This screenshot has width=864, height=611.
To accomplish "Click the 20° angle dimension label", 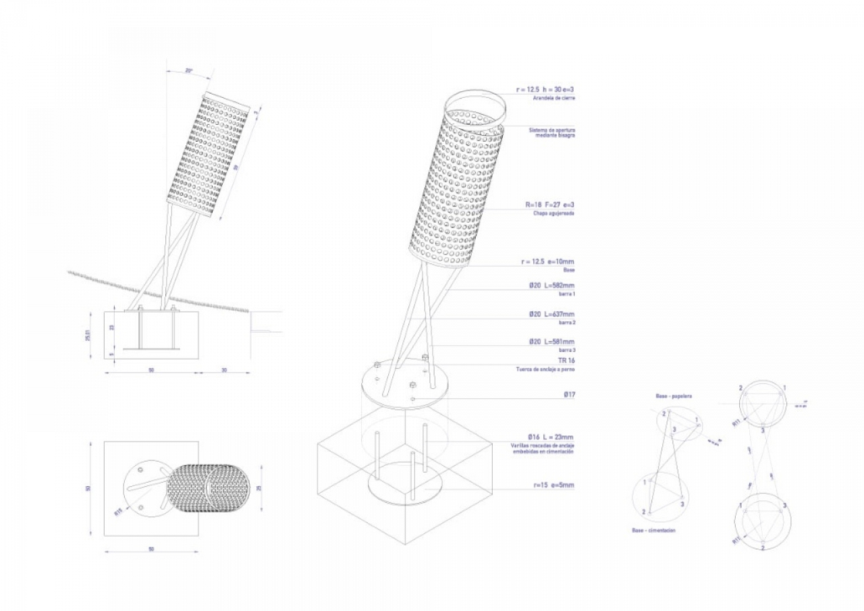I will (x=189, y=70).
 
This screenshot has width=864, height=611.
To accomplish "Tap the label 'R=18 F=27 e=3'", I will (x=550, y=205).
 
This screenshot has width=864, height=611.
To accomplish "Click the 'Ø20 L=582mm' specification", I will (x=551, y=286).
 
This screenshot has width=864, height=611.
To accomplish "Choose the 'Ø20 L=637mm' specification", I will (x=551, y=314).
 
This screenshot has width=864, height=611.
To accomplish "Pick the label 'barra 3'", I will (x=566, y=350).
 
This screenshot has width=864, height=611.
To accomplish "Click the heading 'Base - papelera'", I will (x=673, y=396).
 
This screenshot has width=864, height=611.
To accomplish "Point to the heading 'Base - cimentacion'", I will (x=653, y=531).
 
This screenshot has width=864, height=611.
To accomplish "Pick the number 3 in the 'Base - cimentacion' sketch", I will (x=682, y=504).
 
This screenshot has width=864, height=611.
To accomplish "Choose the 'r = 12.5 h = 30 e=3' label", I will (x=544, y=89).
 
